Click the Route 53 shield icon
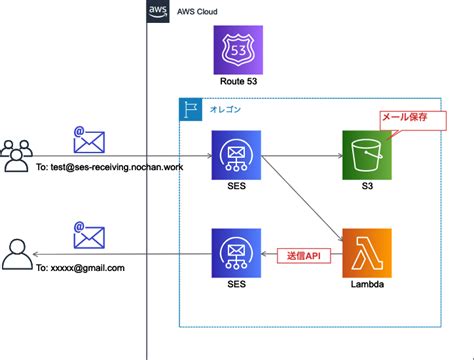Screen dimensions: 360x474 [x=239, y=48]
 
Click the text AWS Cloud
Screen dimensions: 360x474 [x=197, y=12]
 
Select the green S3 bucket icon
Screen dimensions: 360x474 [x=366, y=154]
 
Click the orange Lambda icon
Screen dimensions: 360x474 [x=366, y=254]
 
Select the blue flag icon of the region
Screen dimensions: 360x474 [x=189, y=109]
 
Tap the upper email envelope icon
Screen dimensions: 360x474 [x=88, y=139]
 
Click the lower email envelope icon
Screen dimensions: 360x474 [x=88, y=236]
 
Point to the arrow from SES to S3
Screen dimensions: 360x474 [x=300, y=155]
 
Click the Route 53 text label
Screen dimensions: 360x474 [x=239, y=81]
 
